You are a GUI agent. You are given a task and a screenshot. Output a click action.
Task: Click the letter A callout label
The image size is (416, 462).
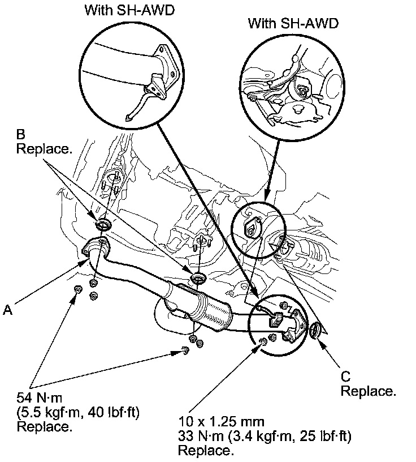(x=7, y=309)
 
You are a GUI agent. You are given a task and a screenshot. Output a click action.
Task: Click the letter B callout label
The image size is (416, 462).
(x=21, y=136)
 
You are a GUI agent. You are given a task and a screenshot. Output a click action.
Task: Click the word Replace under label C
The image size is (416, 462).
(x=368, y=391)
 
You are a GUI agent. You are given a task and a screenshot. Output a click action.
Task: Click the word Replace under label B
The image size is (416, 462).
(x=44, y=149)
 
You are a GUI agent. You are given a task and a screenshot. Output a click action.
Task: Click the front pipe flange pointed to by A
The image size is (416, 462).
(x=94, y=250)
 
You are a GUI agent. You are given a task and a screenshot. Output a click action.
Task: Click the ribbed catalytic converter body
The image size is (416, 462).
(x=214, y=312)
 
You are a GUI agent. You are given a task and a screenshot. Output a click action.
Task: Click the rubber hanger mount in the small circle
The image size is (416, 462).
(x=250, y=230)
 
